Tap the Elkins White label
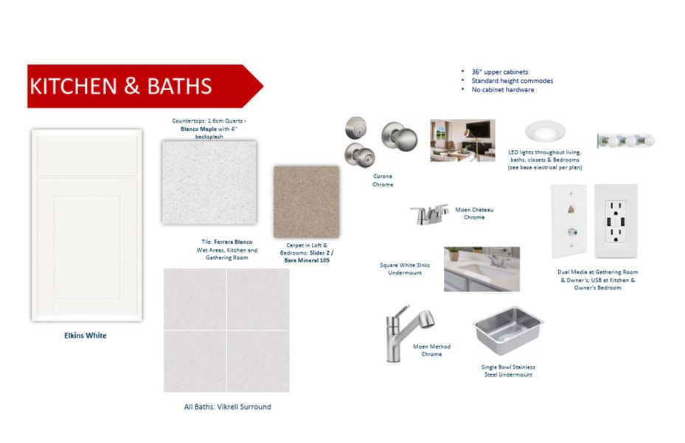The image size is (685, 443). tap(86, 335)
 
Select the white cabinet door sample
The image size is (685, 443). tap(87, 225)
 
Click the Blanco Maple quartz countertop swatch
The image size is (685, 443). tap(209, 182)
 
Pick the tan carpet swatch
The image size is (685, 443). tap(306, 202)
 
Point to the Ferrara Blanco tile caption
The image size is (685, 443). tap(226, 250)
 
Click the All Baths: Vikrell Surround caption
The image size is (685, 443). tap(228, 407)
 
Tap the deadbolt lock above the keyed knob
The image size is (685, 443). tap(356, 128)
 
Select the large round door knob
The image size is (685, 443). tap(400, 137)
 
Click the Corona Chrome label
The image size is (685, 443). tap(383, 180)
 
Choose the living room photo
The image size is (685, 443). tap(462, 140)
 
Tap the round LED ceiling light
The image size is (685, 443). tap(545, 131)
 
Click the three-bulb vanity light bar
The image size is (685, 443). tap(626, 141)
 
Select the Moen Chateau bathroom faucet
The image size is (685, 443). tap(429, 214)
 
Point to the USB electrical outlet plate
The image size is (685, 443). tap(616, 221)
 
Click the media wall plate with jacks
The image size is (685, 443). tap(568, 221)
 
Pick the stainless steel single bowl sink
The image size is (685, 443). tap(507, 330)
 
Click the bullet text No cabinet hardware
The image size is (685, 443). tap(503, 89)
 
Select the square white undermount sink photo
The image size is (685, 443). tap(481, 269)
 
